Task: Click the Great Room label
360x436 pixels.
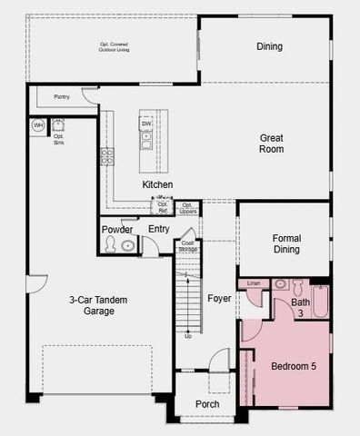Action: point(271,143)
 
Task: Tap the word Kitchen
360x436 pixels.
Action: point(157,184)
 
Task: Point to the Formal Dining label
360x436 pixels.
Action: point(286,243)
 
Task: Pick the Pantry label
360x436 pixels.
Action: point(62,95)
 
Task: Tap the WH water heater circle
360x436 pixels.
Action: point(38,124)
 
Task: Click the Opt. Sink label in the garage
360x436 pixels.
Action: point(58,140)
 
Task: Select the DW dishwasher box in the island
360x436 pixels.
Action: point(146,124)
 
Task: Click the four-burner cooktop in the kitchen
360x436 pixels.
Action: point(107,155)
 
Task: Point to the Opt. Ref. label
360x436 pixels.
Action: point(163,209)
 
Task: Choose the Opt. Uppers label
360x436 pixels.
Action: point(187,209)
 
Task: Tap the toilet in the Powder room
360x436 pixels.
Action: point(127,245)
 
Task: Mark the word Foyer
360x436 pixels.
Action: point(219,297)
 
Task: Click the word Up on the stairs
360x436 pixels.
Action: point(188,336)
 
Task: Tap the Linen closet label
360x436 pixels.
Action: point(254,283)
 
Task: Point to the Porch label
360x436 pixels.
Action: point(207,404)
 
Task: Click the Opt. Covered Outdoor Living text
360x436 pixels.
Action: point(114,46)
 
